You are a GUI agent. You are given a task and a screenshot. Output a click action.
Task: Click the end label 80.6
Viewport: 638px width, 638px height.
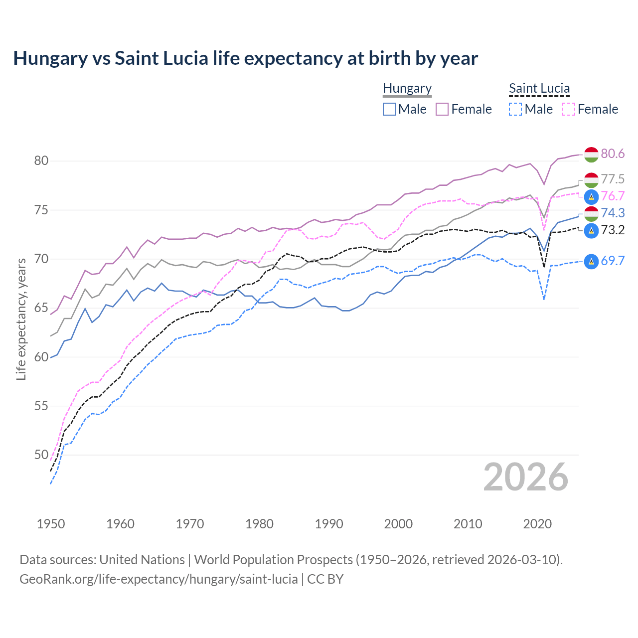coord(613,154)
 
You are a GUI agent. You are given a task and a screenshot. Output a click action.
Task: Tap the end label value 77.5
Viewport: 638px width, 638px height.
coord(613,179)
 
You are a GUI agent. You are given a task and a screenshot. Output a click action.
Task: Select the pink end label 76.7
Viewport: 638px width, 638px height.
coord(613,196)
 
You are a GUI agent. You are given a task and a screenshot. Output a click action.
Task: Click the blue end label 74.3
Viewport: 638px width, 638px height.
coord(613,213)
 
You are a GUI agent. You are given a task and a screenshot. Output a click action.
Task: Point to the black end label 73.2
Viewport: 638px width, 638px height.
coord(613,230)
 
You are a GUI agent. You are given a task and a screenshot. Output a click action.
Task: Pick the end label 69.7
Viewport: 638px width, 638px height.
coord(613,261)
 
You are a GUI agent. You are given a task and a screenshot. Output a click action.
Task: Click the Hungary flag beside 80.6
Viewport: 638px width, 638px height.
coord(591,155)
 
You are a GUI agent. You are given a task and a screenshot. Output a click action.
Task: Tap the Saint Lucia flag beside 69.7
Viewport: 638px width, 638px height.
coord(591,261)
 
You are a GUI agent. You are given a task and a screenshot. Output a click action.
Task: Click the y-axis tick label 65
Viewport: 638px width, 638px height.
coord(41,308)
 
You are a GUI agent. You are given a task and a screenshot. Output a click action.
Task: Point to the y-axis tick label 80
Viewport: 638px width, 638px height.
coord(41,161)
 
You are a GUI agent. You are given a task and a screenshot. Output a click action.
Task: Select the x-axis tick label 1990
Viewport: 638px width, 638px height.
coord(329,524)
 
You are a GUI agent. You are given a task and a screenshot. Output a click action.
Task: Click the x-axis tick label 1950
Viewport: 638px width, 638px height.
coord(51,524)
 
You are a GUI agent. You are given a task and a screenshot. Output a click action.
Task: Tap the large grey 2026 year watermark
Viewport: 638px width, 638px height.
coord(526,478)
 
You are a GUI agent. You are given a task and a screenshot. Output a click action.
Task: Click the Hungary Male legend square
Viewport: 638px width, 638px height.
coord(389,109)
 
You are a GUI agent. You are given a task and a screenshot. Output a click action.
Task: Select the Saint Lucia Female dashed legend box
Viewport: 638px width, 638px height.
coord(569,109)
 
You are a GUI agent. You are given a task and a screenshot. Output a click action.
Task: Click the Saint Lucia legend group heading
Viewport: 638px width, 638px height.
coord(539,88)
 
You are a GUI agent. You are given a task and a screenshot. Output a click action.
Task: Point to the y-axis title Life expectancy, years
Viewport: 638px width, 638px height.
coord(21,319)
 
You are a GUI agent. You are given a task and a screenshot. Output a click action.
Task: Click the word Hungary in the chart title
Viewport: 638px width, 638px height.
coord(50,58)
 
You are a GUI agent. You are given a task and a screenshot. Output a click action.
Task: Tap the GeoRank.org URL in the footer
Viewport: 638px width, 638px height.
coord(159,579)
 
